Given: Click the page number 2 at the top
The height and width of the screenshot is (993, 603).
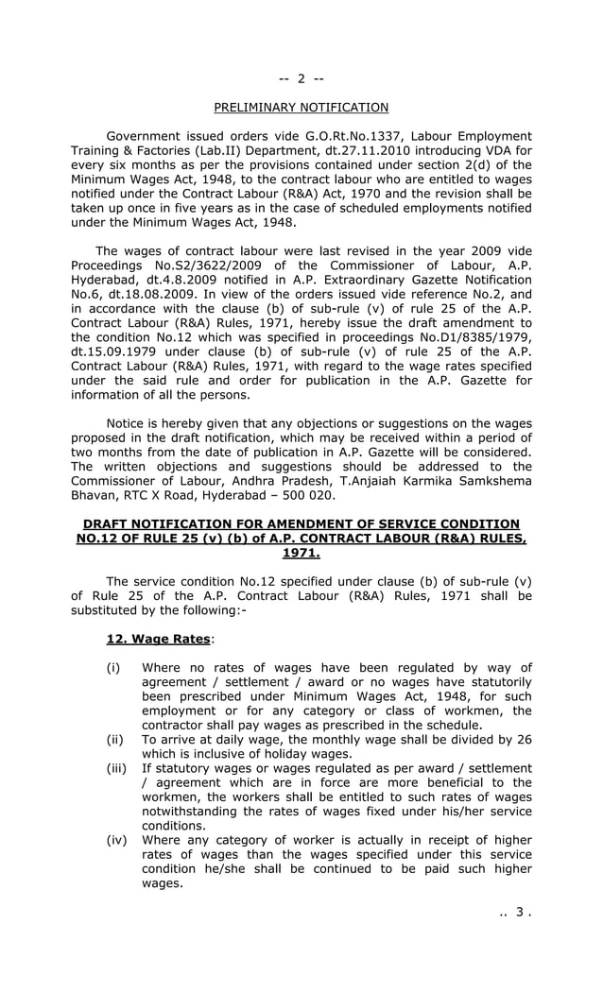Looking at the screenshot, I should click(301, 78).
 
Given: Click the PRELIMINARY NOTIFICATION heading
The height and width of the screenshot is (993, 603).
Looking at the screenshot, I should click(301, 108).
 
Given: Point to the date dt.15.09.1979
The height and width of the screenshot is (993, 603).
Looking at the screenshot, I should click(119, 351).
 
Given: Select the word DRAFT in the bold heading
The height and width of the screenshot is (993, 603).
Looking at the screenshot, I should click(107, 524).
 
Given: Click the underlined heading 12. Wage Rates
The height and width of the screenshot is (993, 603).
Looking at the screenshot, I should click(158, 640).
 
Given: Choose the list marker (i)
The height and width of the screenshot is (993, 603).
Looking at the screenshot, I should click(113, 668).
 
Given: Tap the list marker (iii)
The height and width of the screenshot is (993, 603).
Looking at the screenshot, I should click(116, 768).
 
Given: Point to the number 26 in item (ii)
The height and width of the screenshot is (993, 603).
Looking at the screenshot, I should click(524, 740).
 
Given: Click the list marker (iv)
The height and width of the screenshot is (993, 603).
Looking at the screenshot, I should click(116, 840).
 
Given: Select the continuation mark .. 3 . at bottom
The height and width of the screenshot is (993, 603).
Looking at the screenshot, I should click(516, 913).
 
